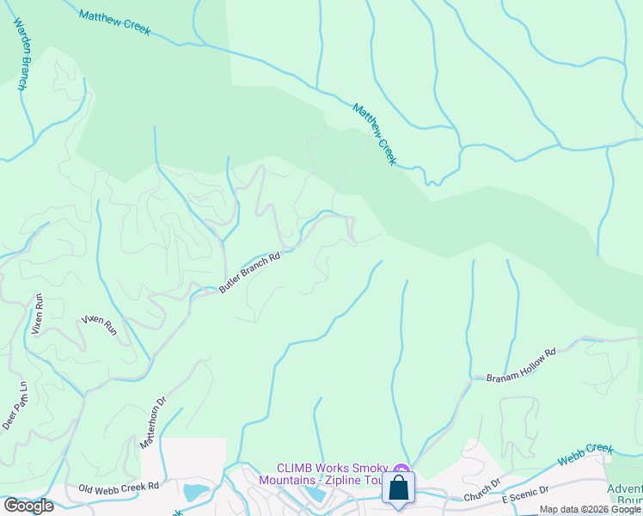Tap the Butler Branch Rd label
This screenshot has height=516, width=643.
(x=249, y=273)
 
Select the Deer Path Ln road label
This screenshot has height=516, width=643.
(x=15, y=405)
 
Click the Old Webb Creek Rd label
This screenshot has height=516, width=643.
(x=119, y=487)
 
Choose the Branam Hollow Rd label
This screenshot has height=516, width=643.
(x=521, y=365)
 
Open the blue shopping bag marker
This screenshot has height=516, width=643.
(x=399, y=488)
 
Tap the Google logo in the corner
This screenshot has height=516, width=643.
(x=28, y=505)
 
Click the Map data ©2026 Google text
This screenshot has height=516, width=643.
(x=590, y=509)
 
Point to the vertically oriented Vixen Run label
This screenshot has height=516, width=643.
(x=38, y=314)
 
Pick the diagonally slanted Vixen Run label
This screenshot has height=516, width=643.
(x=99, y=324)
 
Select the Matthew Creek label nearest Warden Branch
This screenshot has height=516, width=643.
(x=114, y=23)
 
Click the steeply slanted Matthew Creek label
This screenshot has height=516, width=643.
(x=375, y=134)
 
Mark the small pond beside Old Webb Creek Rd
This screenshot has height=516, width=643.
(x=196, y=493)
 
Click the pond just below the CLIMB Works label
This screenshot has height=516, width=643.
(x=315, y=495)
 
